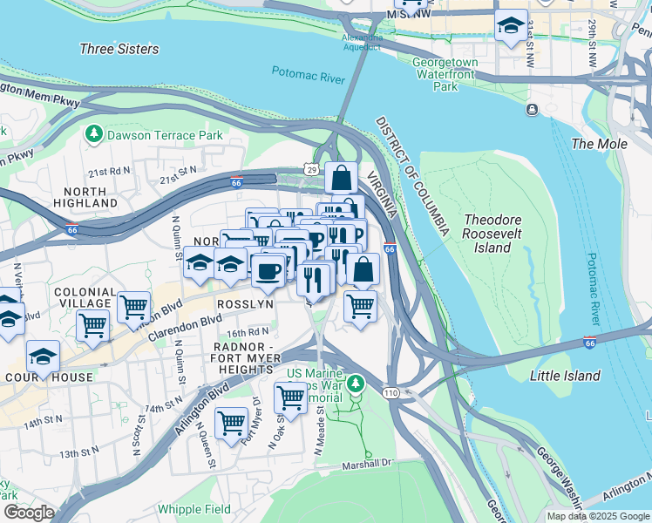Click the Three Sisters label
(119, 49)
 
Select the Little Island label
(565, 376)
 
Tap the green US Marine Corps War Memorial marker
(355, 383)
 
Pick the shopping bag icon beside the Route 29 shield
(343, 178)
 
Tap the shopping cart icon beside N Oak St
(290, 397)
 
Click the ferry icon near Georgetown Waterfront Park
(531, 110)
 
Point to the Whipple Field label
(194, 509)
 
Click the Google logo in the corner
(29, 513)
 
